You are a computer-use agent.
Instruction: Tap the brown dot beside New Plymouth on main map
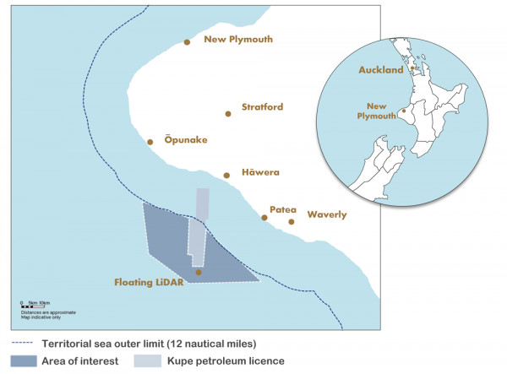point(188,41)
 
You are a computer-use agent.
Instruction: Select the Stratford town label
point(262,107)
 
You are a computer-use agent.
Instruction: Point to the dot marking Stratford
point(227,113)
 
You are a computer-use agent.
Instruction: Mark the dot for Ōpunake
point(150,142)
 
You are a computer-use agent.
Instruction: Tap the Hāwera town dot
point(226,176)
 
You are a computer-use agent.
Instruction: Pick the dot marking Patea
point(264,218)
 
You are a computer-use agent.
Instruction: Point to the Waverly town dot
point(292,222)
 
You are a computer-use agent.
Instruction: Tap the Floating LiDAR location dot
point(199,272)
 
